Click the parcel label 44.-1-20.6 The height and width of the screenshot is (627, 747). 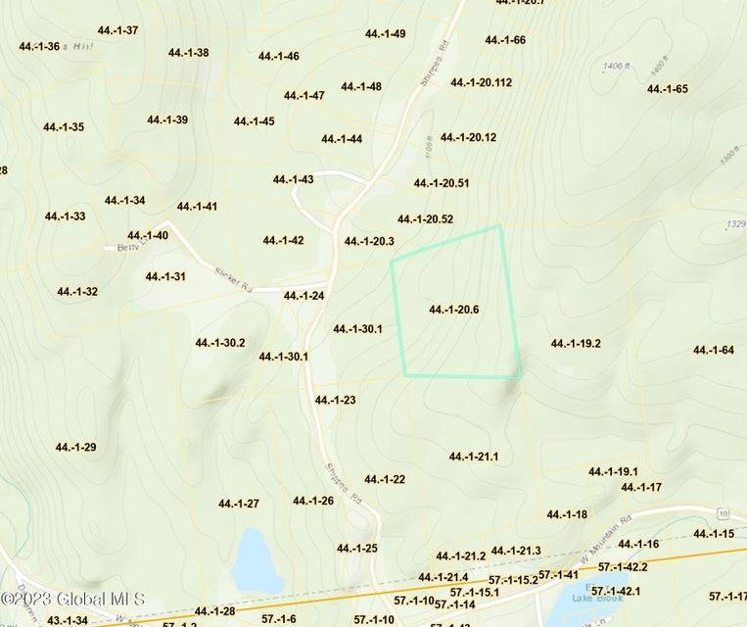pyautogui.click(x=453, y=310)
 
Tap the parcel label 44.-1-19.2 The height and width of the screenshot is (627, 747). pyautogui.click(x=576, y=344)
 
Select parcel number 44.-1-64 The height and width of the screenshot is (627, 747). pyautogui.click(x=714, y=350)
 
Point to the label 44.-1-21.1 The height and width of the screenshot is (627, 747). pyautogui.click(x=474, y=457)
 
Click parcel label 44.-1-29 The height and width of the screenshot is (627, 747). pyautogui.click(x=75, y=447)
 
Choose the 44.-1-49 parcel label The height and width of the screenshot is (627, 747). pyautogui.click(x=386, y=33)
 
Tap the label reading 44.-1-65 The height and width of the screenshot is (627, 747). pyautogui.click(x=668, y=89)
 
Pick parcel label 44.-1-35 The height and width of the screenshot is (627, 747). pyautogui.click(x=64, y=126)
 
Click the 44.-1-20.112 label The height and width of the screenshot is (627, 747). pyautogui.click(x=482, y=82)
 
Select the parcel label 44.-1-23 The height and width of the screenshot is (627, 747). pyautogui.click(x=335, y=400)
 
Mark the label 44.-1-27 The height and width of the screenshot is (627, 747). pyautogui.click(x=239, y=504)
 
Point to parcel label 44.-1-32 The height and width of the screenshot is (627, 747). pyautogui.click(x=77, y=291)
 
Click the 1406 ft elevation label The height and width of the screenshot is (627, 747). pyautogui.click(x=616, y=67)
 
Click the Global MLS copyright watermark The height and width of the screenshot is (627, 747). pyautogui.click(x=73, y=599)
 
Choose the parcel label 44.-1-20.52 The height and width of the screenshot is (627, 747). pyautogui.click(x=425, y=218)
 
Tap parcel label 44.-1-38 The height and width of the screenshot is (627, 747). pyautogui.click(x=188, y=52)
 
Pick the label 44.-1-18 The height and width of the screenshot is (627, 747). pyautogui.click(x=567, y=514)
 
